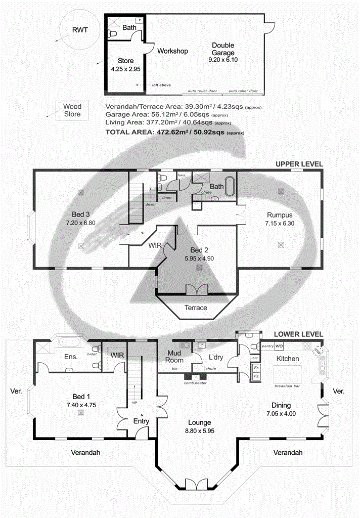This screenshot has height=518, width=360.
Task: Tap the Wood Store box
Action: (x=72, y=110)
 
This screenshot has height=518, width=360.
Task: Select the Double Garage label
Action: (x=223, y=49)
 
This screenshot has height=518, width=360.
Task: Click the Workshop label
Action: (x=172, y=51)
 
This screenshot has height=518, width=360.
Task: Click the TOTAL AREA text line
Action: (x=174, y=132)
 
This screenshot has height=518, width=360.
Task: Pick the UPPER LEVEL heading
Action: (x=299, y=164)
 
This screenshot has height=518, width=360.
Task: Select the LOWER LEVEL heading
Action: (x=298, y=334)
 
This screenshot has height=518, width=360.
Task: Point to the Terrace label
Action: (x=196, y=308)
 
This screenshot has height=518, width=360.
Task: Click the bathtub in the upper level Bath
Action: (x=230, y=186)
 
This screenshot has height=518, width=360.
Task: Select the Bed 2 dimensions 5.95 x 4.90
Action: (x=199, y=258)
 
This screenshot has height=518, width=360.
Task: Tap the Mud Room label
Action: (x=175, y=357)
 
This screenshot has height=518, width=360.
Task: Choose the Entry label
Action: (x=141, y=421)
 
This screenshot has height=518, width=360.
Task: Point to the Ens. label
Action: (x=71, y=357)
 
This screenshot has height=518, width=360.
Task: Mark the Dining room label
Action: (x=281, y=405)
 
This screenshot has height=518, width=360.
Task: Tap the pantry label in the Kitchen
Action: (x=267, y=346)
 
